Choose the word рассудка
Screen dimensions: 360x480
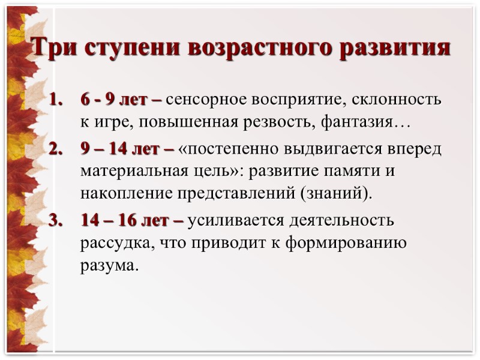(112, 244)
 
